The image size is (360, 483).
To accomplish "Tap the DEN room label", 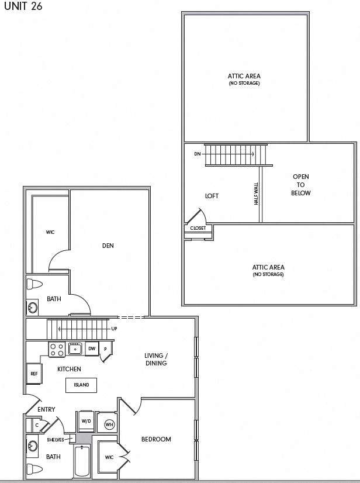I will [108, 246].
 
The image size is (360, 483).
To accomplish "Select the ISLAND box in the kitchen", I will [81, 385].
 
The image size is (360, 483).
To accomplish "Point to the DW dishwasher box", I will [92, 349].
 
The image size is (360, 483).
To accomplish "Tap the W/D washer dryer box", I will [86, 421].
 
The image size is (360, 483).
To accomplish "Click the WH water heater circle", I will [109, 425].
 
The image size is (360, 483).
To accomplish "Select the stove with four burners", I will [57, 350].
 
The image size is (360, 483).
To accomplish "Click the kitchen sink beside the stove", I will [75, 349].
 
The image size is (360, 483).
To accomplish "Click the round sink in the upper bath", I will [33, 307].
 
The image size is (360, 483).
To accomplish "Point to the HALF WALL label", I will [256, 193].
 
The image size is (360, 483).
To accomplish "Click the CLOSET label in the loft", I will [198, 228].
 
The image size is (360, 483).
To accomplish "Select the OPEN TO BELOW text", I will [301, 185].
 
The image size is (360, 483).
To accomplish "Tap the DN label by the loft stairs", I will [197, 154].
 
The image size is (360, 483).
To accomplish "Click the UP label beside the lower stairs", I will [114, 329].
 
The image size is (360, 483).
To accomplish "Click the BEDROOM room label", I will [156, 439].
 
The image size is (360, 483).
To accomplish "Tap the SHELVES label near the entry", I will [56, 440].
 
